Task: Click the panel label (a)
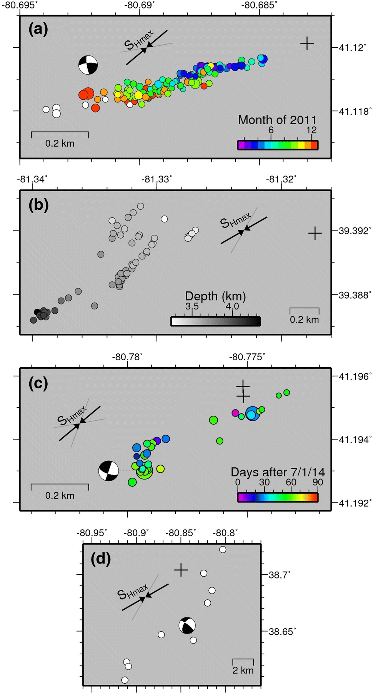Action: tap(38, 29)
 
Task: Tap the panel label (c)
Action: tap(38, 383)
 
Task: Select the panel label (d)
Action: tap(101, 559)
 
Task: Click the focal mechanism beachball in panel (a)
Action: tap(88, 65)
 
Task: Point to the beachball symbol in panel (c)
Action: tap(108, 471)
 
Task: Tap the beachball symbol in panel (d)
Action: tap(187, 625)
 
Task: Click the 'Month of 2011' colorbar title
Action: tap(277, 120)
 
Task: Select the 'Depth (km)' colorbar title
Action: tap(215, 296)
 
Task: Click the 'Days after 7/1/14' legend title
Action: tap(278, 472)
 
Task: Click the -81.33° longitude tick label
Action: tap(157, 179)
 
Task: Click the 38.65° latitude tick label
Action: tap(282, 632)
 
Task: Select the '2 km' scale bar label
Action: tap(243, 670)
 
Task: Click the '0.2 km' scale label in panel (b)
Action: tap(304, 319)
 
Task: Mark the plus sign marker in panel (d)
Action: tap(181, 570)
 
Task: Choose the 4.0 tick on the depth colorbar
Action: tap(232, 306)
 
